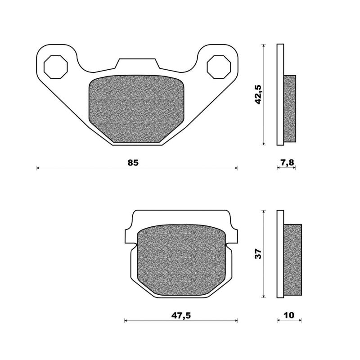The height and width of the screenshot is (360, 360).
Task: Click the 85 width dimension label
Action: (x=133, y=162)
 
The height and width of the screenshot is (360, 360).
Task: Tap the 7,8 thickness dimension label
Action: (x=286, y=162)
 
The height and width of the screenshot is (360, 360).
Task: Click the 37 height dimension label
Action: (x=258, y=254)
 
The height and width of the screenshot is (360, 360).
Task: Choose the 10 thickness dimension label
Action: (x=289, y=315)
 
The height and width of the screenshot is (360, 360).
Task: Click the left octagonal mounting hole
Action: (x=56, y=67)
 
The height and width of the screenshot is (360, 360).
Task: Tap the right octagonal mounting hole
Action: (x=218, y=67)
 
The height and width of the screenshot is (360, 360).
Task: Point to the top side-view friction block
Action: (x=290, y=108)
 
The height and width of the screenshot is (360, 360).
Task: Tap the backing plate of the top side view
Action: (x=280, y=94)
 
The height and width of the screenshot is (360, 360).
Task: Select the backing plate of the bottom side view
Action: (x=280, y=254)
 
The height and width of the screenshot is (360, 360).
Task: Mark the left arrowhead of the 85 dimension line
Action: (x=38, y=168)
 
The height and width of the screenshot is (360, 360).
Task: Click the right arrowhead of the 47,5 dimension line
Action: (x=236, y=321)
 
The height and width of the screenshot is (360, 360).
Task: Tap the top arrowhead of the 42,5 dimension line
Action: (x=263, y=45)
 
